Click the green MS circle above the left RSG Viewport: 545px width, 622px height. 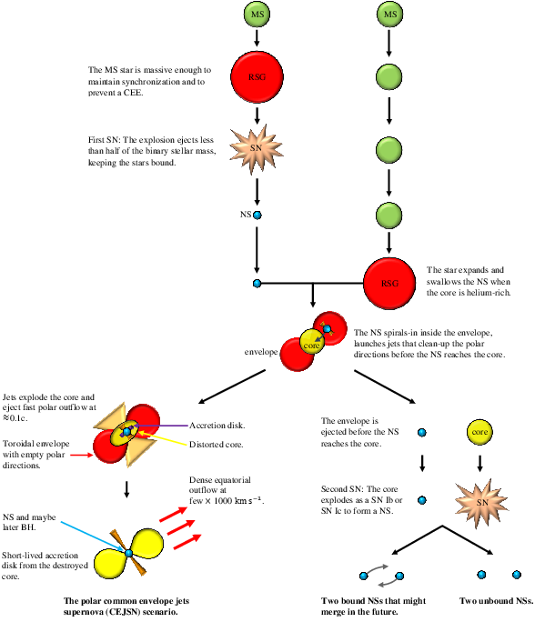click(x=257, y=15)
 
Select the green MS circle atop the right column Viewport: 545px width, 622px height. click(x=390, y=15)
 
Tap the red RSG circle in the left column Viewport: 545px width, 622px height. click(x=258, y=77)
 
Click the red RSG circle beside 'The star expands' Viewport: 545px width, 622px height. click(x=390, y=283)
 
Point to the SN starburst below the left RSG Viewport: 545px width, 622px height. click(x=257, y=147)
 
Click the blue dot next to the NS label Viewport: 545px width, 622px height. click(x=257, y=216)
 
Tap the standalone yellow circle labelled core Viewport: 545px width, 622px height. click(x=479, y=431)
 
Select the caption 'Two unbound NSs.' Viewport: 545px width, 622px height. click(x=496, y=601)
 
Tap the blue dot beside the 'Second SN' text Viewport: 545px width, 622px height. click(x=422, y=499)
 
